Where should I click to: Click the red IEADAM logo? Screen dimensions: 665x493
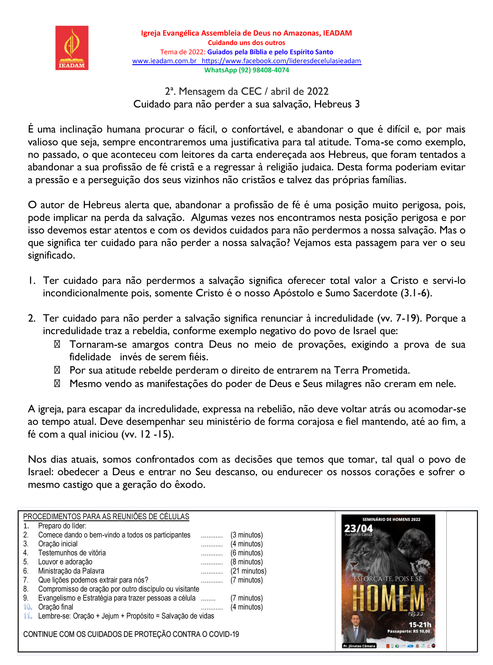click(x=72, y=48)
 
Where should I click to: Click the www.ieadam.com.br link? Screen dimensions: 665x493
click(x=164, y=61)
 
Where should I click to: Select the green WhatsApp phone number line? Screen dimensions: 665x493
click(x=246, y=70)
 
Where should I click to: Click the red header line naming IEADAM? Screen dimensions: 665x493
click(x=246, y=33)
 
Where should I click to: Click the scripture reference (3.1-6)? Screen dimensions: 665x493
click(x=416, y=293)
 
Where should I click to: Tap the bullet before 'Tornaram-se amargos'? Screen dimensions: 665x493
click(x=57, y=345)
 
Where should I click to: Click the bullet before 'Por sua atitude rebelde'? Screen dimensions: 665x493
click(x=57, y=370)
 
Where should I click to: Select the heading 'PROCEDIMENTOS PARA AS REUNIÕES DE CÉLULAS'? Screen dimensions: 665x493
click(x=106, y=517)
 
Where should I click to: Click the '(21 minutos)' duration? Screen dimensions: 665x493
click(x=248, y=571)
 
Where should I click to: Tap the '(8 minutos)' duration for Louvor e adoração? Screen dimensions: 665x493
click(x=246, y=562)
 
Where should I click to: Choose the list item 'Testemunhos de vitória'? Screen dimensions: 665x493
click(x=72, y=553)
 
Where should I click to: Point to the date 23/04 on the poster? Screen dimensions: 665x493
click(x=358, y=528)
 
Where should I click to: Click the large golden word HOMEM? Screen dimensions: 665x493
click(x=388, y=598)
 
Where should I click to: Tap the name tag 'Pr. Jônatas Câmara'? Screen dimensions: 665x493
click(x=359, y=646)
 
